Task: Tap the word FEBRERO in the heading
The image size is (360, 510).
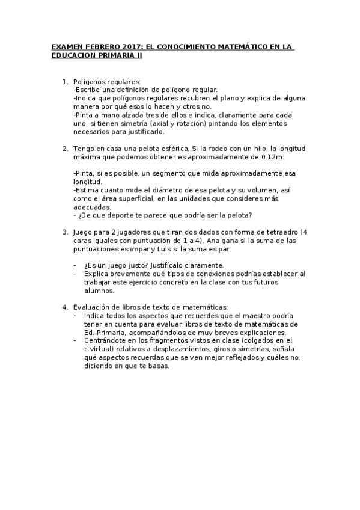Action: (x=90, y=46)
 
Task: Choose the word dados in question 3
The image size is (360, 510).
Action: (x=191, y=232)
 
